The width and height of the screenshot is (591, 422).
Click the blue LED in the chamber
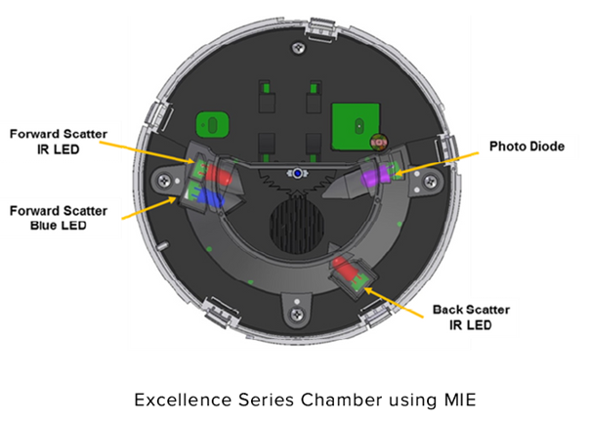point(209,198)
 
